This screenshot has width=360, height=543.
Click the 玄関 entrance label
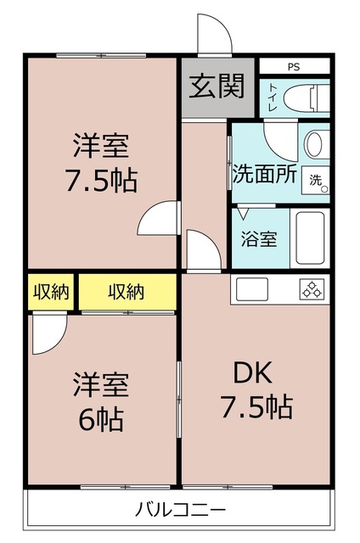217,87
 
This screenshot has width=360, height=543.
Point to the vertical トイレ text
272,98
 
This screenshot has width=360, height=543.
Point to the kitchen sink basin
253,289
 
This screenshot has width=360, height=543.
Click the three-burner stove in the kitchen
311,289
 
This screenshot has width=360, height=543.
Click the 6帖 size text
100,418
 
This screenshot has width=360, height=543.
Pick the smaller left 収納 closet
51,292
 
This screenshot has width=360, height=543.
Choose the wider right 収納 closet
127,292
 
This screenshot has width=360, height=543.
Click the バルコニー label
179,511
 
